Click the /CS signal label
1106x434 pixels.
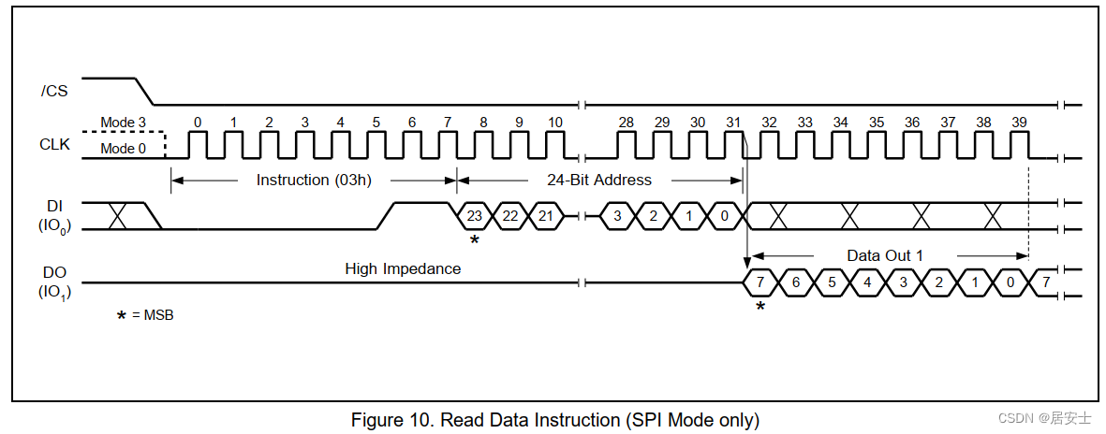[x=55, y=91]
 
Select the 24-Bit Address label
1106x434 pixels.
[x=598, y=180]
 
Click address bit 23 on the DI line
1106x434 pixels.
[x=475, y=215]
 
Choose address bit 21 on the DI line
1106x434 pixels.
[x=546, y=215]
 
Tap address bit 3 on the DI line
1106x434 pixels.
[x=617, y=215]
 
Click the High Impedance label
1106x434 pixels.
[x=403, y=268]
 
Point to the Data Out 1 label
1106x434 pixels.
[x=884, y=255]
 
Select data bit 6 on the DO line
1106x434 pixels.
[x=796, y=282]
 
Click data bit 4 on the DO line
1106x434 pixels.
[x=867, y=282]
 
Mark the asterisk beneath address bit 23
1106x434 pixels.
[x=475, y=240]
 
